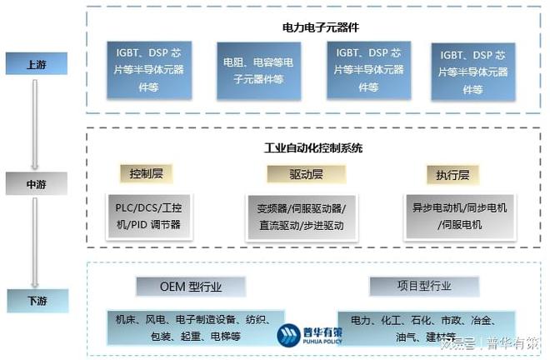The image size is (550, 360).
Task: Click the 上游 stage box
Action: point(36,63)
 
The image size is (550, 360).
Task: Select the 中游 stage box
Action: point(36,182)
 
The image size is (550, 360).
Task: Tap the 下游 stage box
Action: point(36,298)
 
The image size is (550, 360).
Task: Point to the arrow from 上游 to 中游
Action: point(36,122)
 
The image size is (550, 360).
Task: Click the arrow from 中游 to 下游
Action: point(36,241)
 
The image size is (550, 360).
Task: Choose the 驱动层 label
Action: point(306,174)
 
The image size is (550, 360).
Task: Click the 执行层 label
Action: point(452,175)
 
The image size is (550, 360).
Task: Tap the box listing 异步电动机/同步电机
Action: point(459,216)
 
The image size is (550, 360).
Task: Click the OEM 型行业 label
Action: point(191,286)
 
